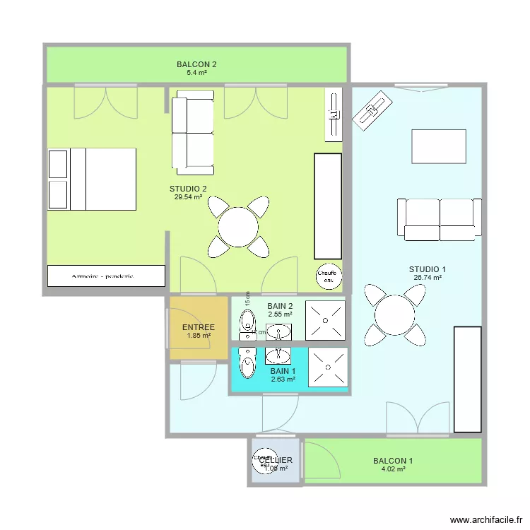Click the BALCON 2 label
(196, 64)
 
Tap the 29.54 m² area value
(188, 197)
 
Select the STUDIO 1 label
(428, 269)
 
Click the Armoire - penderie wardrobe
(106, 276)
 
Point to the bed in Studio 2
(92, 179)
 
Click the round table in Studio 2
(238, 227)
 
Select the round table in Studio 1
(395, 313)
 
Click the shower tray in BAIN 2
(325, 320)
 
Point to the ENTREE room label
(199, 328)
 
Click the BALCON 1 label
(393, 461)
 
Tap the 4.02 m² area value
(393, 469)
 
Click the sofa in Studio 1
(440, 219)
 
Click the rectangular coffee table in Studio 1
(439, 147)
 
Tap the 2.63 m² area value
(283, 379)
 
